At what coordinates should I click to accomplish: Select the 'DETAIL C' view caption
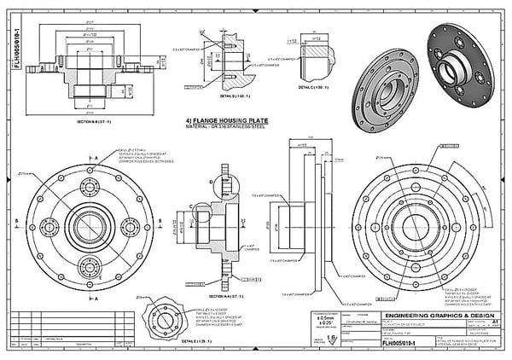coord(309,89)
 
